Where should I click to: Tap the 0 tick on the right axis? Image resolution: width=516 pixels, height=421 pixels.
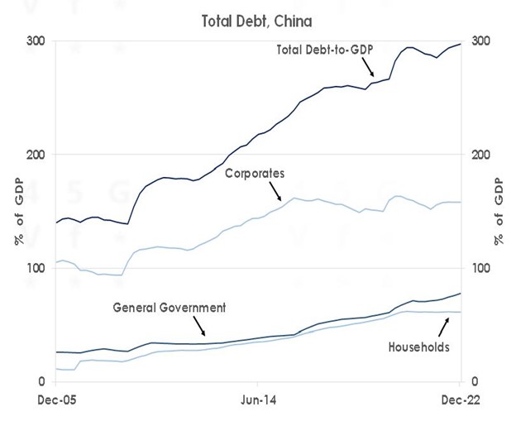pos(475,382)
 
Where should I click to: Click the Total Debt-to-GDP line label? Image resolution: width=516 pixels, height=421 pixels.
pos(325,50)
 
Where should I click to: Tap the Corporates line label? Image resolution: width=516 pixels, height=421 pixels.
pos(255,174)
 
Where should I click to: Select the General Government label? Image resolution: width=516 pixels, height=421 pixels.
pos(170,307)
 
